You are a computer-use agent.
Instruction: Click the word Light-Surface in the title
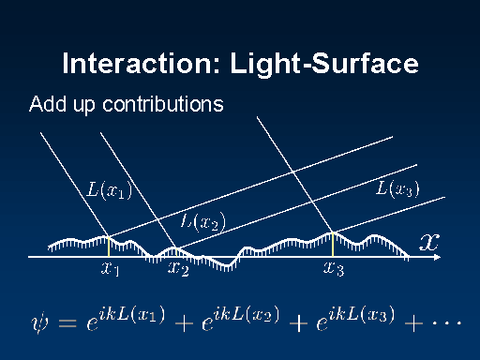[324, 63]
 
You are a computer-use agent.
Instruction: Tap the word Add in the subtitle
[48, 104]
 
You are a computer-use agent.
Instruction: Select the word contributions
[163, 104]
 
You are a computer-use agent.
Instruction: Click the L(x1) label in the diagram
[109, 189]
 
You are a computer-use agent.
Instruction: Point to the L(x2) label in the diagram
[203, 221]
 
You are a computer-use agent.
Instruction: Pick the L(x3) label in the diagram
[397, 188]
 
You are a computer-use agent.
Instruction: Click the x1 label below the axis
[110, 268]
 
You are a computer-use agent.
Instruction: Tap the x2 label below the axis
[178, 268]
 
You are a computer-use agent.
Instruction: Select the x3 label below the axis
[334, 268]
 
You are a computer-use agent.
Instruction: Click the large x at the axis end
[429, 242]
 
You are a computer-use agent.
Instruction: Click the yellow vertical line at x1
[109, 247]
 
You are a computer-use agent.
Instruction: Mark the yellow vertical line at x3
[333, 245]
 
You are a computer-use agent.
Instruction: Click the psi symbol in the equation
[39, 322]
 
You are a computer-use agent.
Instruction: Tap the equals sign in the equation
[67, 323]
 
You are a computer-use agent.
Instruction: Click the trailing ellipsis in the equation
[447, 322]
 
